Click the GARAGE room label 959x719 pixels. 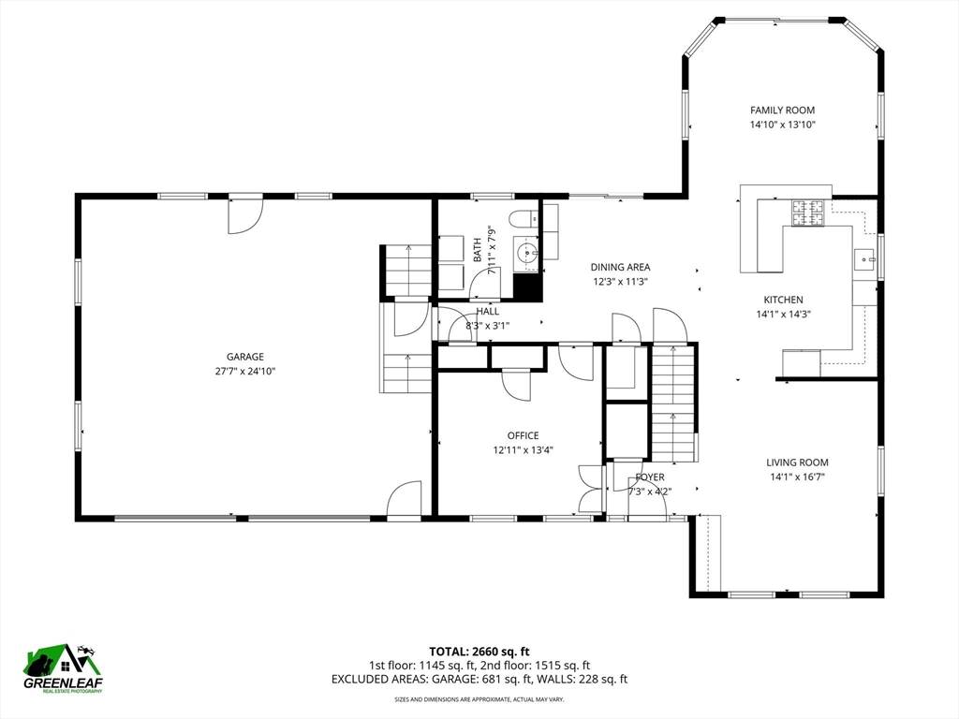245,357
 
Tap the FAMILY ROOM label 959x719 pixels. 782,110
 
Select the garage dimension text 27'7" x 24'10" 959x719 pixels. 245,371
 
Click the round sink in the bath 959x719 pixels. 525,251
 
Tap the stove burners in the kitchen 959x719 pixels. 808,213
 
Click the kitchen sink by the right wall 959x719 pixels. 864,259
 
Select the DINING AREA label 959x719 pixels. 620,267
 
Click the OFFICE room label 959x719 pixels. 523,435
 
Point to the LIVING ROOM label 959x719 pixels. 797,462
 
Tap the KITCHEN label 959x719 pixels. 784,300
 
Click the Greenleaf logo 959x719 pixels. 63,668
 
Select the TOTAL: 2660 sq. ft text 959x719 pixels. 479,652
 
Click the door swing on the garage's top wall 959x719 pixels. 245,216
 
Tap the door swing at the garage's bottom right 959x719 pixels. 404,499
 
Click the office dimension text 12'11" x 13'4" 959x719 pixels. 523,450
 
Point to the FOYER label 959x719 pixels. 650,477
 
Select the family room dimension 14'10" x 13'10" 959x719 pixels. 783,125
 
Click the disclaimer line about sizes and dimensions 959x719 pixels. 479,698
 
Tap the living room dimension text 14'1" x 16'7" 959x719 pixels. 797,477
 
